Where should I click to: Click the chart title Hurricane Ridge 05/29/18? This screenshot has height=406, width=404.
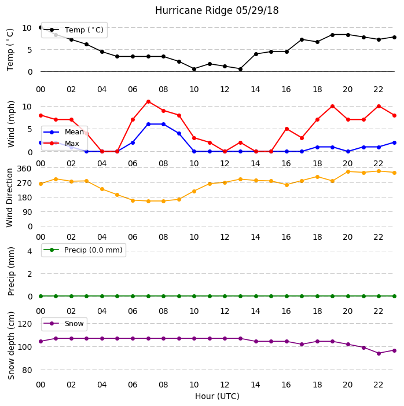pos(216,10)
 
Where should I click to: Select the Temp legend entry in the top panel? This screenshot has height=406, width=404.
pos(74,30)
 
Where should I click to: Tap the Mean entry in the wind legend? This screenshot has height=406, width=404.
pos(64,132)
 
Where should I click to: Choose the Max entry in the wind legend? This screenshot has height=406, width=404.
pos(61,143)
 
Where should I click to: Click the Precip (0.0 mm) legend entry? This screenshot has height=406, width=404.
pos(83,250)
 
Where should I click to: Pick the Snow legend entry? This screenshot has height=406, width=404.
pos(64,324)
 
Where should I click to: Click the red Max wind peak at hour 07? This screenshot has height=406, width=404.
pos(148,101)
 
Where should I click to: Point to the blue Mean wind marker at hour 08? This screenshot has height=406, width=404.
pos(163,125)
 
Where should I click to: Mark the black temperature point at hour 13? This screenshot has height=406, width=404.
pos(240,69)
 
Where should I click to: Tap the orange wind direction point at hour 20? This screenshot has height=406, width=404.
pos(348,171)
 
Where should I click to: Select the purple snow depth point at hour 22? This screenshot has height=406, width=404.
pos(379,353)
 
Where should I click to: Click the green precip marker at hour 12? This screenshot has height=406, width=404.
pos(225,296)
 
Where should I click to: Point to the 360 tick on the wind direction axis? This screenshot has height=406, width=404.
pos(24,169)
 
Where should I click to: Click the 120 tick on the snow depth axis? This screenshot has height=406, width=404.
pos(24,324)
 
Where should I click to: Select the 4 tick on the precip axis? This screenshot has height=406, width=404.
pos(30,251)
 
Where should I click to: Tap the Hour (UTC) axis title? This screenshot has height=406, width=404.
pos(217,396)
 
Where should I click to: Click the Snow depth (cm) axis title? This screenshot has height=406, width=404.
pos(11,346)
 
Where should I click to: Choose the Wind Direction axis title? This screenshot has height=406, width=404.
pos(10,198)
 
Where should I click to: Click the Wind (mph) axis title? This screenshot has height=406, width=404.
pos(11,125)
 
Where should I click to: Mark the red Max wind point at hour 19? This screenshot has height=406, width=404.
pos(333,107)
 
